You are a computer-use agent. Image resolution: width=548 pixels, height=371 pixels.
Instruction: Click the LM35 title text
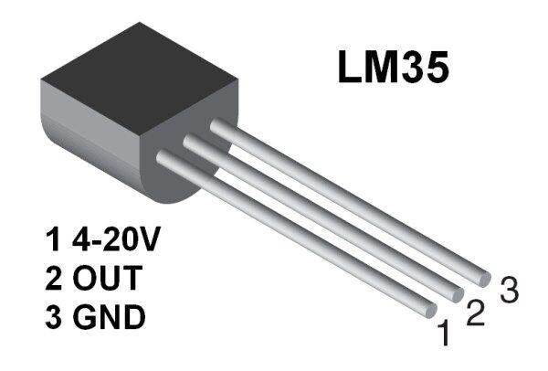[393, 69]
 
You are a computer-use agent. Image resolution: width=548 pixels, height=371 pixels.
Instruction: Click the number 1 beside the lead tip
[444, 335]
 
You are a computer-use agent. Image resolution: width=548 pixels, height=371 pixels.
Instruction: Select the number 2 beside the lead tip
[475, 313]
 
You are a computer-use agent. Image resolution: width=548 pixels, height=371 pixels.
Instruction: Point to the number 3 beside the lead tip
[509, 291]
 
